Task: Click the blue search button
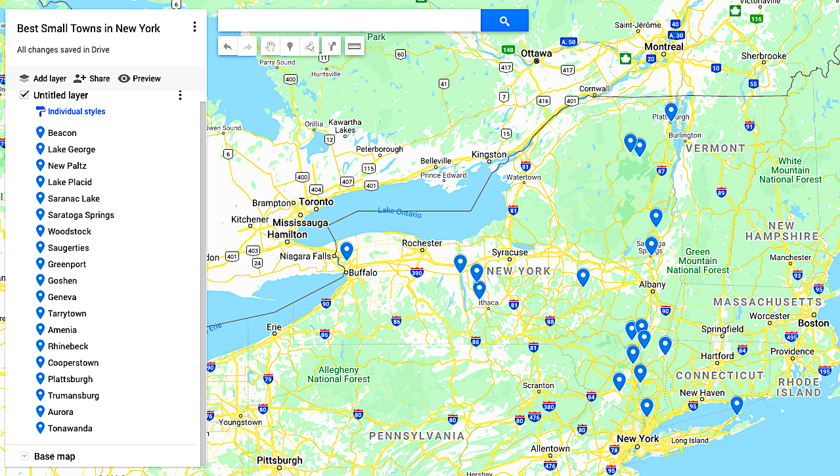click(504, 21)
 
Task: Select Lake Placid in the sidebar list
click(70, 182)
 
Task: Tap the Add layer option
click(43, 78)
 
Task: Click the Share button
click(92, 78)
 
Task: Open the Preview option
click(139, 78)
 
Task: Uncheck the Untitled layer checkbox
click(24, 95)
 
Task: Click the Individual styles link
click(76, 112)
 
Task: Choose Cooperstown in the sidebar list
click(73, 362)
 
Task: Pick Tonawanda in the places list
click(70, 428)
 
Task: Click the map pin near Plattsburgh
click(671, 111)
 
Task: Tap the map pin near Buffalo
click(346, 250)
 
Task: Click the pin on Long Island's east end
click(737, 405)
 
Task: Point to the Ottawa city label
click(537, 53)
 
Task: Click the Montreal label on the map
click(663, 47)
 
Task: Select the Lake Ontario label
click(399, 212)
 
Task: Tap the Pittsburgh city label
click(280, 460)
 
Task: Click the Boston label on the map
click(814, 323)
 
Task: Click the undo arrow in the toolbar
click(228, 47)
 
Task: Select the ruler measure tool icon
click(354, 47)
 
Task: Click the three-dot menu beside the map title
click(194, 27)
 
